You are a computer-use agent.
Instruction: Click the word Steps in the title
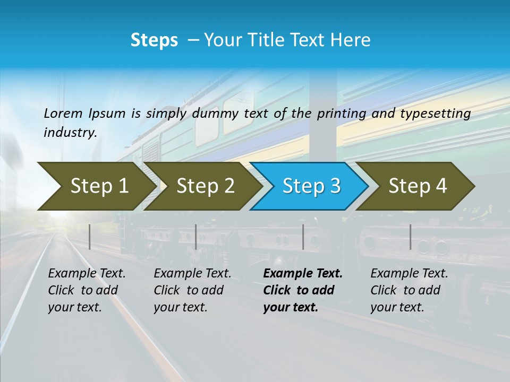pos(154,40)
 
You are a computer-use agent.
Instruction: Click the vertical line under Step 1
pos(90,237)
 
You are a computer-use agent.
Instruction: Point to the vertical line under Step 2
pos(196,237)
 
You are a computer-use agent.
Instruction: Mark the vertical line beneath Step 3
pos(303,237)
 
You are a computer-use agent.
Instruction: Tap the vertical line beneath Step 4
pos(411,237)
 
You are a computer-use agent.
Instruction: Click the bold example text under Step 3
pos(303,290)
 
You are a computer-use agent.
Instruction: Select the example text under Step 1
pos(87,290)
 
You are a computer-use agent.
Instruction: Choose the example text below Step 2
pos(192,290)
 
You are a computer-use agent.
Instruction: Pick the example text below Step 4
pos(409,290)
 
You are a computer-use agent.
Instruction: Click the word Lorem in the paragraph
pos(63,114)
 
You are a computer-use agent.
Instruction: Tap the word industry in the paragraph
pos(70,133)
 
